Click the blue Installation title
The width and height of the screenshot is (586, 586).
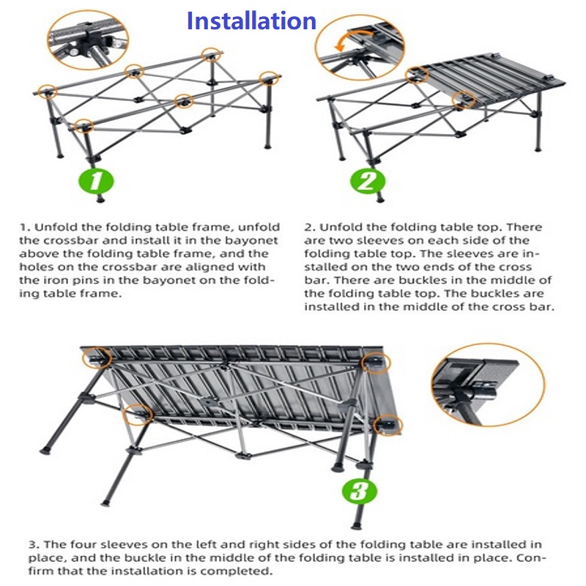[x=251, y=21]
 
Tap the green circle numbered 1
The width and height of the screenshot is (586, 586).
[x=96, y=181]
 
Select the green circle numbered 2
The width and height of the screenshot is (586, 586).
[x=367, y=181]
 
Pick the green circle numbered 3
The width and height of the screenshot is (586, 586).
[x=360, y=490]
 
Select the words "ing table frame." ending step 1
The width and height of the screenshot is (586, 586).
[x=70, y=294]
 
